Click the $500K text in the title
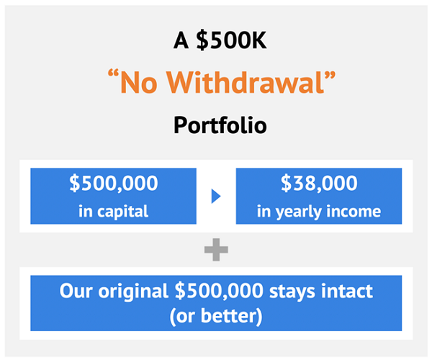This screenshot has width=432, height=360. click(x=231, y=40)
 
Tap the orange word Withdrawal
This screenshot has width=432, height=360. click(x=246, y=82)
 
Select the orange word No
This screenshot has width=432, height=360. click(x=139, y=83)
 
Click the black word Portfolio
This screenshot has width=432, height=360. click(x=220, y=125)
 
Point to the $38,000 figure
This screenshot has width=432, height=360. click(x=319, y=183)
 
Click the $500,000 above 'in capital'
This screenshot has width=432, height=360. click(x=114, y=183)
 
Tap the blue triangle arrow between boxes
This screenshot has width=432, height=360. click(x=216, y=196)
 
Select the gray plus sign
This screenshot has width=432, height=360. click(x=216, y=250)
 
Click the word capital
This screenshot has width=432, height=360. click(x=122, y=212)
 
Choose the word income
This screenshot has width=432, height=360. click(x=354, y=212)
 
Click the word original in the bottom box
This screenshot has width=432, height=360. click(x=133, y=292)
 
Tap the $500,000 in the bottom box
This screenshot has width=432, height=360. click(x=219, y=291)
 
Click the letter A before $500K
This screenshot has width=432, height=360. click(x=181, y=40)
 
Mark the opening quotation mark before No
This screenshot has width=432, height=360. click(x=113, y=74)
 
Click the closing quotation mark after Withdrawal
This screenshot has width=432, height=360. click(x=330, y=74)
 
